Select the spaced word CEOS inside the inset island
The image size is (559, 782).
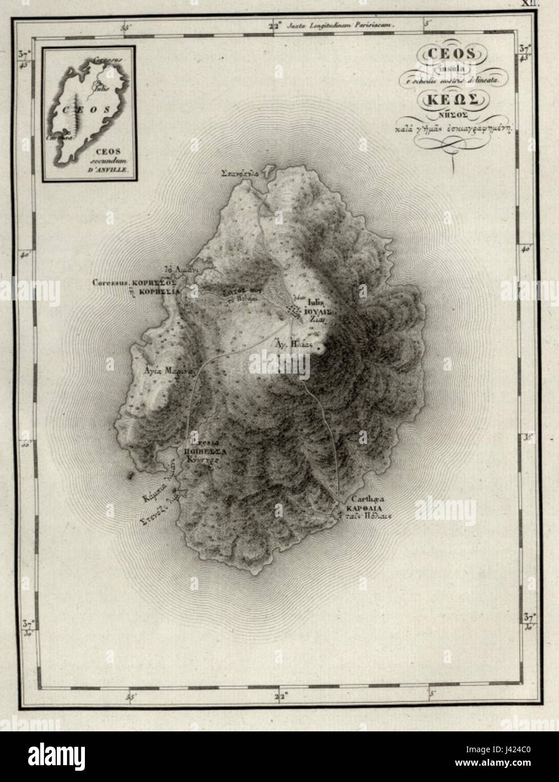(x=79, y=110)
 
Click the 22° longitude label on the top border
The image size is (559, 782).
(x=276, y=25)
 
